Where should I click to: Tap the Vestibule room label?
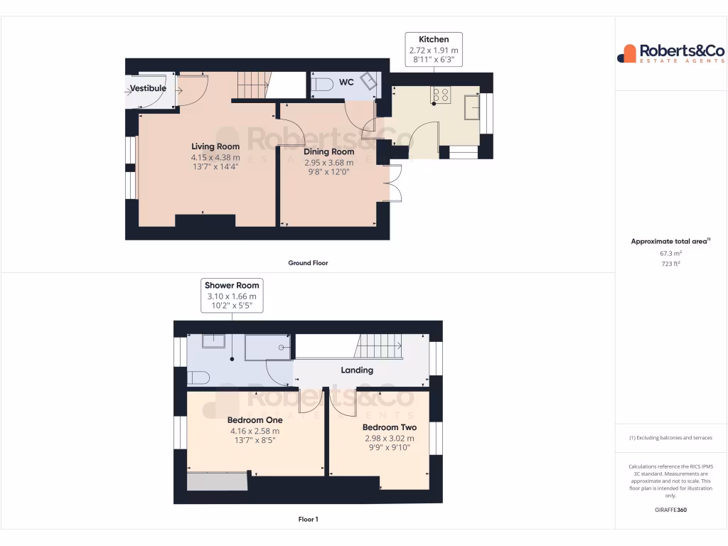(x=148, y=88)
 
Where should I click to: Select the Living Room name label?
(x=215, y=146)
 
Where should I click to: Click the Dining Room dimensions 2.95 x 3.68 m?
(x=328, y=162)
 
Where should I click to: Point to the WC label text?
(x=346, y=82)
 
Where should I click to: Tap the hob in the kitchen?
(x=441, y=95)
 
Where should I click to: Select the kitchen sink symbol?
(x=471, y=107)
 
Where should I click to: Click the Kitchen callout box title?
(x=434, y=39)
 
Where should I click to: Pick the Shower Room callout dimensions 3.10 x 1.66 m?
(x=232, y=296)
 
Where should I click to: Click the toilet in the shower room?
(x=198, y=377)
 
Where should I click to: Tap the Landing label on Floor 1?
(x=357, y=370)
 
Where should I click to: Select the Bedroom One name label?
(x=255, y=419)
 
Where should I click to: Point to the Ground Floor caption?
(x=308, y=263)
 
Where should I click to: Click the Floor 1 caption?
(x=308, y=520)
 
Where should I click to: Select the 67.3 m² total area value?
(x=670, y=253)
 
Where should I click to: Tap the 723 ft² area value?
(x=670, y=264)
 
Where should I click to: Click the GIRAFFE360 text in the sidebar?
(x=670, y=510)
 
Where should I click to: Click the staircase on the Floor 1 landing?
(x=379, y=347)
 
